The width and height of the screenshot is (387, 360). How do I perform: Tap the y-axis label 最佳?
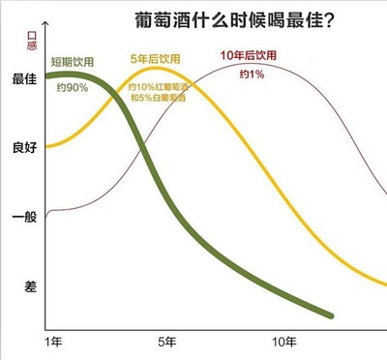pos(23,79)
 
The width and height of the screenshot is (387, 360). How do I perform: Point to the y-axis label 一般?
pos(23,216)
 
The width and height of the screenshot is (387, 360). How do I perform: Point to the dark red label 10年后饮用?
pos(248,55)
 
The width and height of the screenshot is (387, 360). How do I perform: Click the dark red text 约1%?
pos(251,75)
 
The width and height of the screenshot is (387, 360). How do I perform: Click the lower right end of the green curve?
pos(332,315)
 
